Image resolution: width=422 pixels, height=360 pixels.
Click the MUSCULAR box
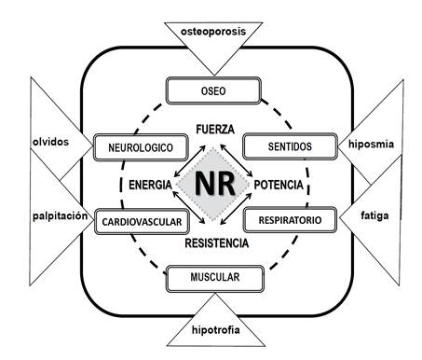pyautogui.click(x=213, y=278)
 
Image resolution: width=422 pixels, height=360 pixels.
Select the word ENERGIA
pyautogui.click(x=149, y=185)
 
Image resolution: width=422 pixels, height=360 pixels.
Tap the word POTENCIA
pyautogui.click(x=279, y=185)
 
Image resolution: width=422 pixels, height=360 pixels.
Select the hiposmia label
pyautogui.click(x=372, y=145)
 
